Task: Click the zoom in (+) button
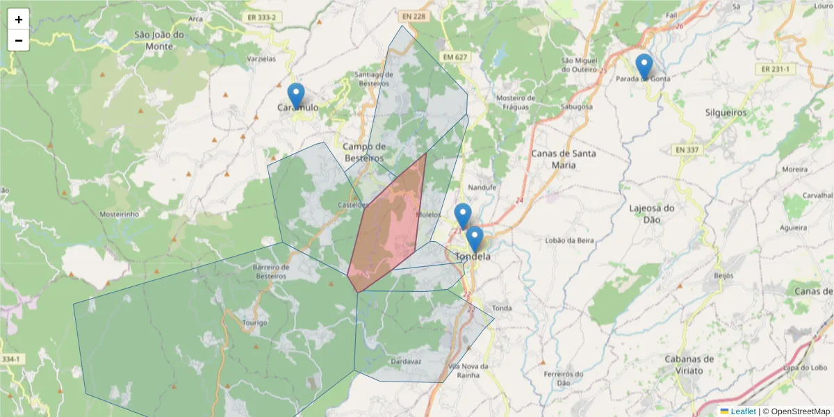pos(19,19)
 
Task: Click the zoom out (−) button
pos(19,40)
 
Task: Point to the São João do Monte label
pos(159,40)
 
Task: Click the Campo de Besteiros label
pos(364,152)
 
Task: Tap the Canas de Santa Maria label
pos(563,158)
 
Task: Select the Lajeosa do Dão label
pos(652,213)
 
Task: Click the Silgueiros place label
pos(726,112)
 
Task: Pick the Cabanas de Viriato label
pos(689,365)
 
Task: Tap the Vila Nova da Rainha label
pos(469,370)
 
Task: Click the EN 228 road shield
pos(413,16)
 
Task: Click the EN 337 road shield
pos(686,149)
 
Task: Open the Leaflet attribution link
pos(743,411)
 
